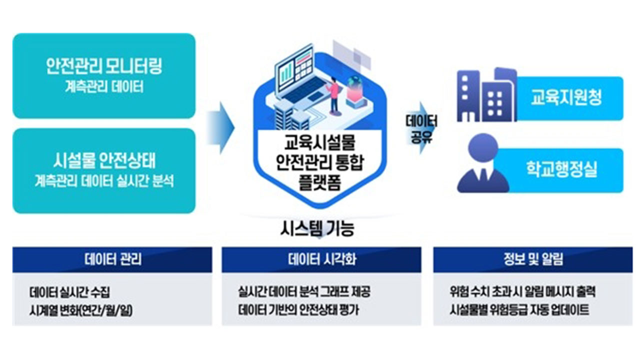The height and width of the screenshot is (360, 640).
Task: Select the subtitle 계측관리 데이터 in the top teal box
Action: click(103, 87)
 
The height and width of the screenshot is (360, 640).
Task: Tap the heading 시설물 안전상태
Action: click(103, 161)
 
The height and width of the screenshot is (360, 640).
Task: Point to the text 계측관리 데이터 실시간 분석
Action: click(103, 181)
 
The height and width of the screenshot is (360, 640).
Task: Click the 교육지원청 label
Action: click(566, 98)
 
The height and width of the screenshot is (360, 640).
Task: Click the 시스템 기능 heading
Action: click(317, 229)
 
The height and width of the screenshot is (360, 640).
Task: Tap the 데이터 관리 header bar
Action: click(112, 259)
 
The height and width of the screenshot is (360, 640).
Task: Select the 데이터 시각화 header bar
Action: click(321, 259)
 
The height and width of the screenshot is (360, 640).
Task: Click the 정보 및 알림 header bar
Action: click(533, 259)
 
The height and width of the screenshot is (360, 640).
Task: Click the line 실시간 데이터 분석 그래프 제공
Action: click(304, 291)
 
